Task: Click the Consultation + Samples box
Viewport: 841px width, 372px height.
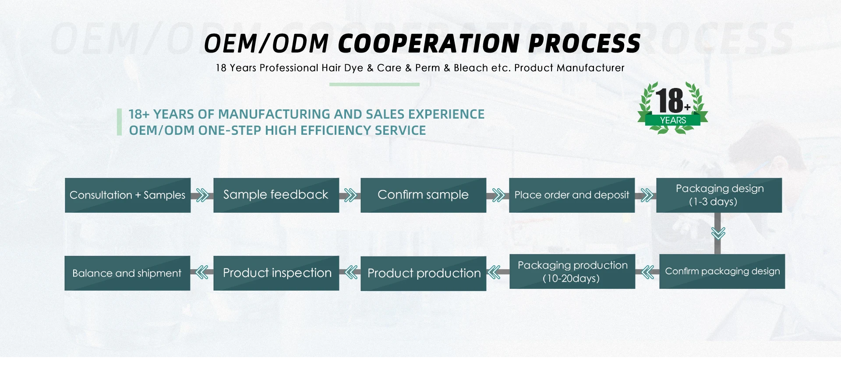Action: click(x=128, y=195)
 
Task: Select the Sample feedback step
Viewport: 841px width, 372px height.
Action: click(x=276, y=195)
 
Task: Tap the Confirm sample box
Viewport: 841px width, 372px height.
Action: click(x=424, y=195)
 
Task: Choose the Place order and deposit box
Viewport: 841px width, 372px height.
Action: click(x=572, y=195)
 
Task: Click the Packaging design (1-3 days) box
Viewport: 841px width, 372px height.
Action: click(x=719, y=195)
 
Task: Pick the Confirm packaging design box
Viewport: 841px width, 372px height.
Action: click(x=722, y=271)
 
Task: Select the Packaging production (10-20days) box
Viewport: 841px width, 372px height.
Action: click(x=572, y=271)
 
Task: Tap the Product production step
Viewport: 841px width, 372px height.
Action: click(x=424, y=274)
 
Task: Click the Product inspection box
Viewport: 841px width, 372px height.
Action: click(x=276, y=273)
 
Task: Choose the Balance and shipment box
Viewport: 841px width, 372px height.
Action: click(x=127, y=273)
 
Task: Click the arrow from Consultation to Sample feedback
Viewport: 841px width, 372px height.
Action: click(x=202, y=195)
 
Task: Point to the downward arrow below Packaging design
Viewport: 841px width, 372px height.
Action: click(x=718, y=233)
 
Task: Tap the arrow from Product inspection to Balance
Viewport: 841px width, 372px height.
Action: click(x=202, y=273)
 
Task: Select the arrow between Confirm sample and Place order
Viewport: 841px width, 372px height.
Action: click(x=498, y=195)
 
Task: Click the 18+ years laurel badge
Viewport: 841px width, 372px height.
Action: click(x=673, y=108)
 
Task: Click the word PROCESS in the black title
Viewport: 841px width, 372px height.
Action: click(x=584, y=43)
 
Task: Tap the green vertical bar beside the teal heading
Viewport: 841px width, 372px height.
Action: click(x=119, y=122)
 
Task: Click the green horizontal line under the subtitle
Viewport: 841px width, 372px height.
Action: click(x=375, y=84)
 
